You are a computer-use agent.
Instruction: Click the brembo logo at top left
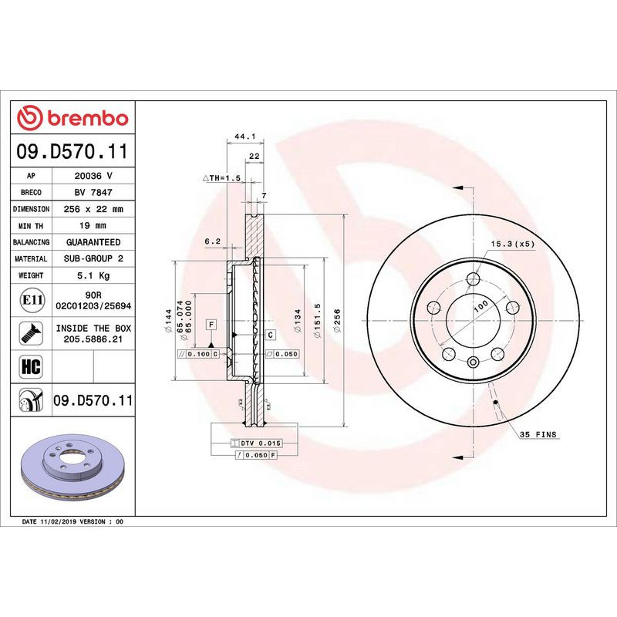(72, 118)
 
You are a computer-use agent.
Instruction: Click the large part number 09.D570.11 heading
(72, 152)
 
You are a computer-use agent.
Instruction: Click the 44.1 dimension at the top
(244, 136)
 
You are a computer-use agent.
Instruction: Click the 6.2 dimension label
(212, 241)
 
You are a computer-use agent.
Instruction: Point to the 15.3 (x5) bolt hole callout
(512, 244)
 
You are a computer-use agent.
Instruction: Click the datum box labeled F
(211, 324)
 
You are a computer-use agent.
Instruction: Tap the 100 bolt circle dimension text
(480, 305)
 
